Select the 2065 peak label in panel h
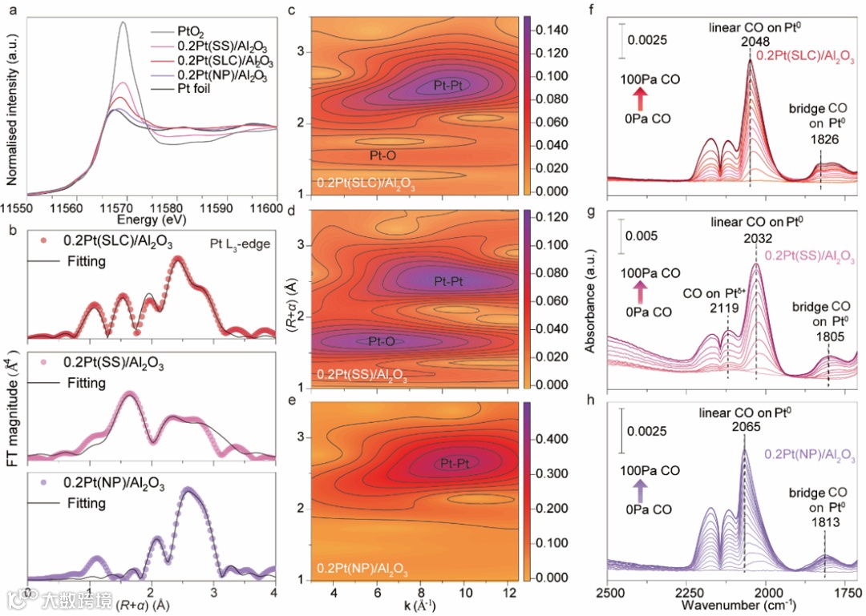pos(746,427)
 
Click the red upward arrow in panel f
pos(640,99)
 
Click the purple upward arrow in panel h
pos(640,488)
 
